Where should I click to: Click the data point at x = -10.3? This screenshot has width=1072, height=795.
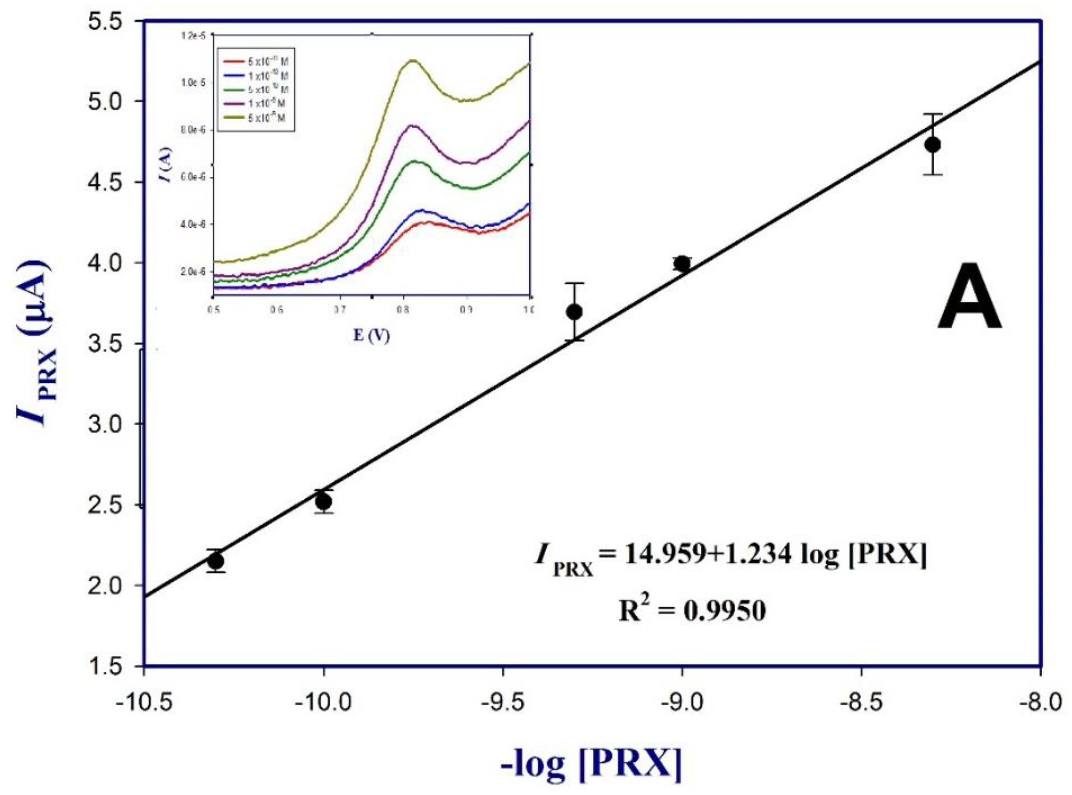216,561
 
